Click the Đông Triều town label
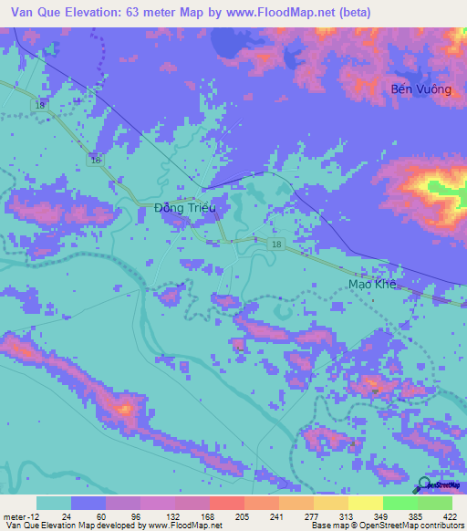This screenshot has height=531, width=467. tap(184, 208)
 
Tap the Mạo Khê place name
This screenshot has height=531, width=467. tap(374, 284)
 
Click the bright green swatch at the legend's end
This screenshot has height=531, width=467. tap(434, 503)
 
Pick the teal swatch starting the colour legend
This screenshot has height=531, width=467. tap(54, 503)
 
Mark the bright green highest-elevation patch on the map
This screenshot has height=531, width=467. tap(444, 190)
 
